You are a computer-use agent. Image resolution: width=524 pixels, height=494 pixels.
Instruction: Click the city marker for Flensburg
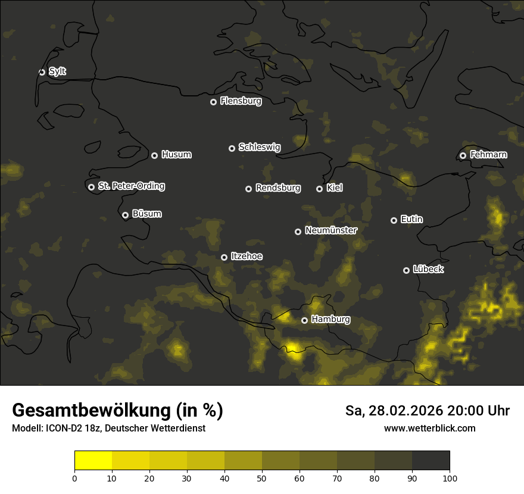tap(213, 102)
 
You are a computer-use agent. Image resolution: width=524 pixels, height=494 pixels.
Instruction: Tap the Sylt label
tap(57, 71)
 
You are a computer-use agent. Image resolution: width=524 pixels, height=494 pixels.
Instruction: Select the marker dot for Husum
tap(154, 155)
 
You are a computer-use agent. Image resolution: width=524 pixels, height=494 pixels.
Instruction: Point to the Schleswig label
tap(259, 147)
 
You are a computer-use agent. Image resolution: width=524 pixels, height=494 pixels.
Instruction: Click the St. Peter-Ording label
tap(131, 186)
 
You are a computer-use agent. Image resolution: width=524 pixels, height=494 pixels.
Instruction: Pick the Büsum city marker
tap(125, 215)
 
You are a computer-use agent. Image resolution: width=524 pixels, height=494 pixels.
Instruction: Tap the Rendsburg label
tap(277, 188)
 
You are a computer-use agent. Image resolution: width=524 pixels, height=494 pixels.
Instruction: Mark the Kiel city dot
tap(319, 189)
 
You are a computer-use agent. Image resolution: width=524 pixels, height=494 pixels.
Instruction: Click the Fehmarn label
tap(488, 155)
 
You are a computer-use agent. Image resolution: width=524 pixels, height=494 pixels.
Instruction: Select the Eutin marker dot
tap(394, 220)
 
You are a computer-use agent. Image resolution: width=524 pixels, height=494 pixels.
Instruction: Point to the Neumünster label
tap(330, 230)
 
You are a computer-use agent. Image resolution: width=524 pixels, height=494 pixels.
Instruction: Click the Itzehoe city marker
tap(224, 257)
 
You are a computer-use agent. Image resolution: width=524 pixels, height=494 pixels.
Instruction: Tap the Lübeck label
tap(428, 270)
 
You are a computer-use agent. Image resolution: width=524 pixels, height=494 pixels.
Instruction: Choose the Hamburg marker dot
tap(304, 320)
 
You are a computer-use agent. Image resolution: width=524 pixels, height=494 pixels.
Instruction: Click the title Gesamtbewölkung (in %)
tap(117, 411)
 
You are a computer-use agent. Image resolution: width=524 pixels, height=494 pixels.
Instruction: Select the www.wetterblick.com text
tap(429, 428)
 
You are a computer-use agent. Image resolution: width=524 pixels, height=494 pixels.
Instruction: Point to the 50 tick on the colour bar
tap(262, 477)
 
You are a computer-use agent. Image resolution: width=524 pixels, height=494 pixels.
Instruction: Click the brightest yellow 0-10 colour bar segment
tap(93, 461)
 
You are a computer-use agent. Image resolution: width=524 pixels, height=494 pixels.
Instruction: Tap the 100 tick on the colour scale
tap(450, 477)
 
